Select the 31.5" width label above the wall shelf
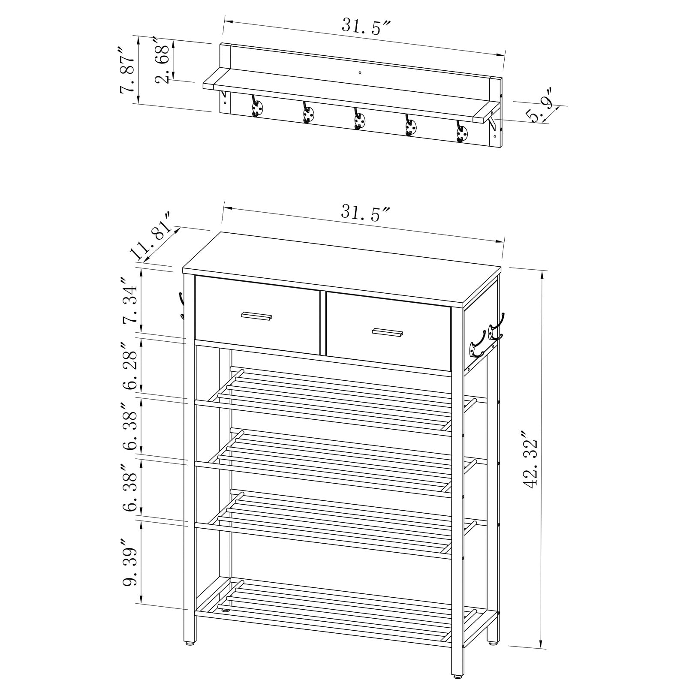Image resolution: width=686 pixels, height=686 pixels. tap(365, 27)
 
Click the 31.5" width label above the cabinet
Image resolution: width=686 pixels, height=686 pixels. tap(365, 213)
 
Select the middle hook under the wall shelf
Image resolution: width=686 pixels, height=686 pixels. tap(359, 118)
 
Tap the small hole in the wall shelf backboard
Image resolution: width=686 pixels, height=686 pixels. tap(360, 72)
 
